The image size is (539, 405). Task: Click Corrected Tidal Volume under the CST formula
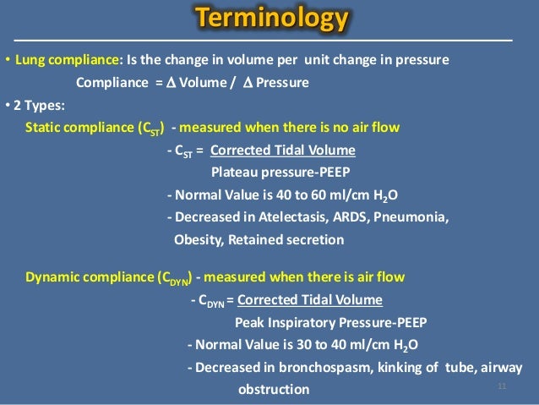coord(282,151)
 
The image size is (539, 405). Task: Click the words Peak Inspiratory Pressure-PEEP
coord(330,322)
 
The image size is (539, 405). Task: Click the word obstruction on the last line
coord(274,389)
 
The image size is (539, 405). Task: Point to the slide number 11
coord(502,386)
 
